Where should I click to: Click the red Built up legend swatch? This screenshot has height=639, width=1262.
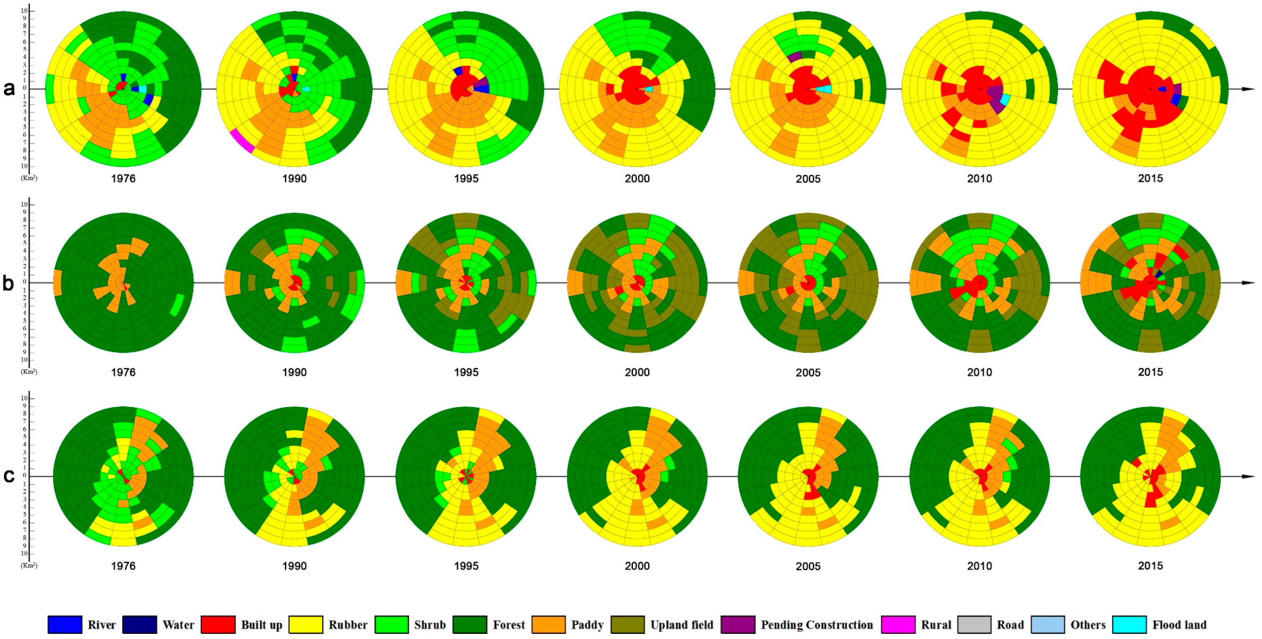pyautogui.click(x=218, y=625)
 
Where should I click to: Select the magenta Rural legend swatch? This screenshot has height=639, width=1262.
pyautogui.click(x=898, y=625)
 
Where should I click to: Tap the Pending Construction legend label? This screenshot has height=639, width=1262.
pyautogui.click(x=817, y=625)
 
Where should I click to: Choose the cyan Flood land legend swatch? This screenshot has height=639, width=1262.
pyautogui.click(x=1129, y=625)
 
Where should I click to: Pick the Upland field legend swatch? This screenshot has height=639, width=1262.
pyautogui.click(x=628, y=625)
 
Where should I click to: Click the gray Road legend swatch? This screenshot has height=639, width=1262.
pyautogui.click(x=974, y=625)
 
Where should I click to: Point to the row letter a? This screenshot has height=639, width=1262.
pyautogui.click(x=9, y=89)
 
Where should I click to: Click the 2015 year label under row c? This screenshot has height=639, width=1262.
pyautogui.click(x=1150, y=566)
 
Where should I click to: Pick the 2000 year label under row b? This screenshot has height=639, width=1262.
pyautogui.click(x=637, y=372)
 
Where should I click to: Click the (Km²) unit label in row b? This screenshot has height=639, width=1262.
pyautogui.click(x=29, y=372)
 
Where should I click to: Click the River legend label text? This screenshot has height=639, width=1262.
pyautogui.click(x=102, y=625)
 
